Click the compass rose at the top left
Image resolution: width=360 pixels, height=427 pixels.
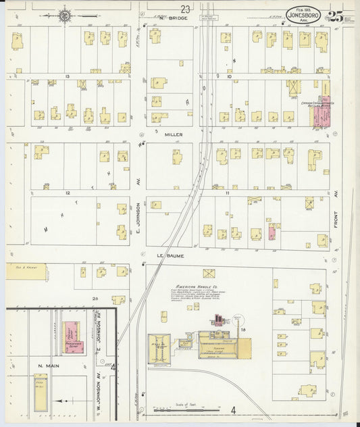66,15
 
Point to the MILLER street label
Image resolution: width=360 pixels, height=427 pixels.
174,134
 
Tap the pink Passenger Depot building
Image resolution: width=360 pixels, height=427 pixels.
71,334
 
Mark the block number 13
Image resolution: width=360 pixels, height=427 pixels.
68,77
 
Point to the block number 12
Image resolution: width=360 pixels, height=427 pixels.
68,193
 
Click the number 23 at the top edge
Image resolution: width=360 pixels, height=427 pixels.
185,7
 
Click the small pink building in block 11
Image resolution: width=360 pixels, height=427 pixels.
272,232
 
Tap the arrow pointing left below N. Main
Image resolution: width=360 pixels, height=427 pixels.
66,401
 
